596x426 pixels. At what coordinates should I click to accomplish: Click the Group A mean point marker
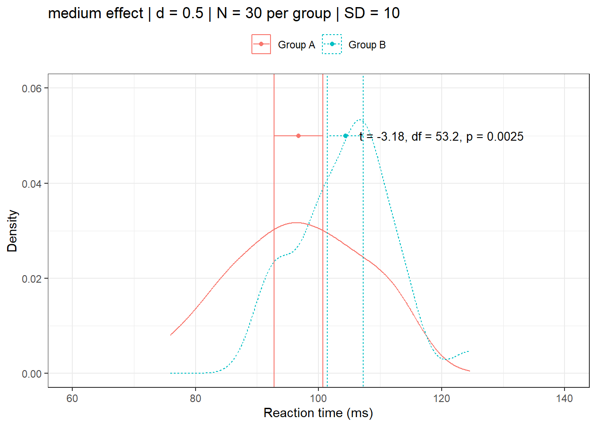point(298,136)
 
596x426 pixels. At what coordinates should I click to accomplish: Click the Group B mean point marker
point(345,136)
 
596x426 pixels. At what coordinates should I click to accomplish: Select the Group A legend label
point(296,45)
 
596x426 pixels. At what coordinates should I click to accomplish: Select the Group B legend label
point(367,45)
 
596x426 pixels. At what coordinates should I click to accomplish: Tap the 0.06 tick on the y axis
point(31,88)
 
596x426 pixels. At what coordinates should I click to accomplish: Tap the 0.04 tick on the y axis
point(31,184)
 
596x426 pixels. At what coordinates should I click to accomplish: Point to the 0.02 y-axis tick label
point(31,279)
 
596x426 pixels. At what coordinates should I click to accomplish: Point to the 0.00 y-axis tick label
point(31,374)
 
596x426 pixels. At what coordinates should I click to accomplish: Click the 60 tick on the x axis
point(72,398)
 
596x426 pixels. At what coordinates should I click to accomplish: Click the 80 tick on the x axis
point(196,398)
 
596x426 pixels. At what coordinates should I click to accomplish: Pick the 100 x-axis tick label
point(318,398)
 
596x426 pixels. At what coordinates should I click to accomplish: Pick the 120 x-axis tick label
point(442,398)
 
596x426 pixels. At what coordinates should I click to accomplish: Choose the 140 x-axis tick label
point(565,398)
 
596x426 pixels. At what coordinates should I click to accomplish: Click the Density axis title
point(12,231)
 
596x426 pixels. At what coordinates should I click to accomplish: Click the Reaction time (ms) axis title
point(318,413)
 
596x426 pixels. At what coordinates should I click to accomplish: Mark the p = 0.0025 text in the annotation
point(494,137)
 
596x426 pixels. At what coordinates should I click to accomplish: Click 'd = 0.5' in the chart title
point(179,13)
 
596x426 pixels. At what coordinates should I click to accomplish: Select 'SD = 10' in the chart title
point(372,13)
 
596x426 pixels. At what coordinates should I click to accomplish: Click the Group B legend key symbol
point(332,44)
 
